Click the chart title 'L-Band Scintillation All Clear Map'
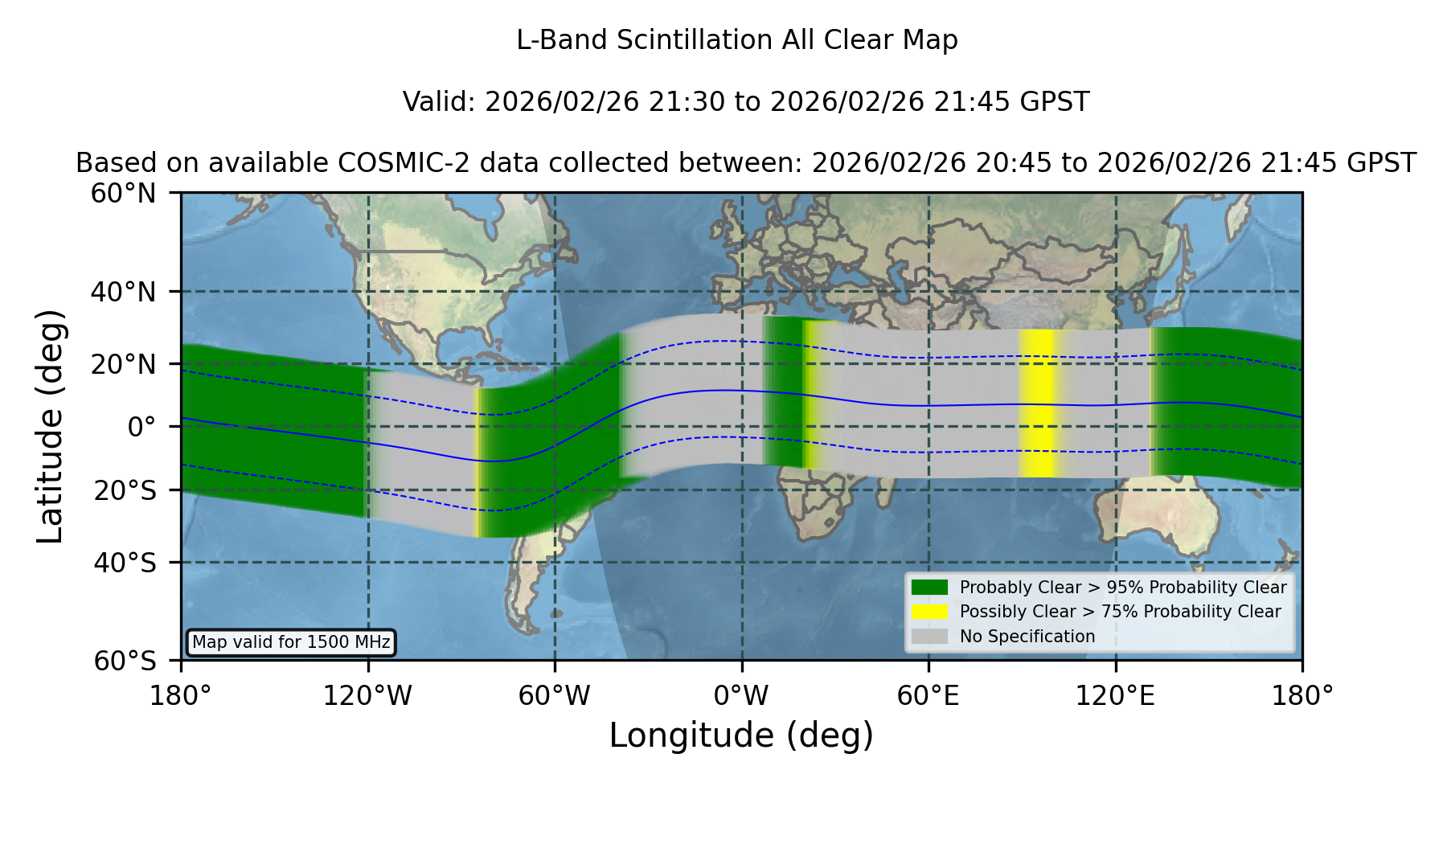[736, 40]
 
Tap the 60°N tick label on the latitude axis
[123, 194]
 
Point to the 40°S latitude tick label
[125, 563]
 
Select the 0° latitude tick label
[141, 427]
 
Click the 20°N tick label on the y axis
[123, 364]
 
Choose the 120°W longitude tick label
[367, 696]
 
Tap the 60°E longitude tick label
[928, 696]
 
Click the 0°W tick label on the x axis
[741, 696]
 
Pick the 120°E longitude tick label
[1115, 696]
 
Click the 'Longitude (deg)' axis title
[741, 735]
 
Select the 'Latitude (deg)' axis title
[50, 426]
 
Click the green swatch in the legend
[930, 587]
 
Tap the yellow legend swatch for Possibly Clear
[930, 611]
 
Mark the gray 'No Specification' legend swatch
[930, 636]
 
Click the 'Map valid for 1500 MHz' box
[291, 642]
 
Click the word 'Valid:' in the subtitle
[440, 102]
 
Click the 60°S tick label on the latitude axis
[125, 661]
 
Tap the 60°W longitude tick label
[554, 696]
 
